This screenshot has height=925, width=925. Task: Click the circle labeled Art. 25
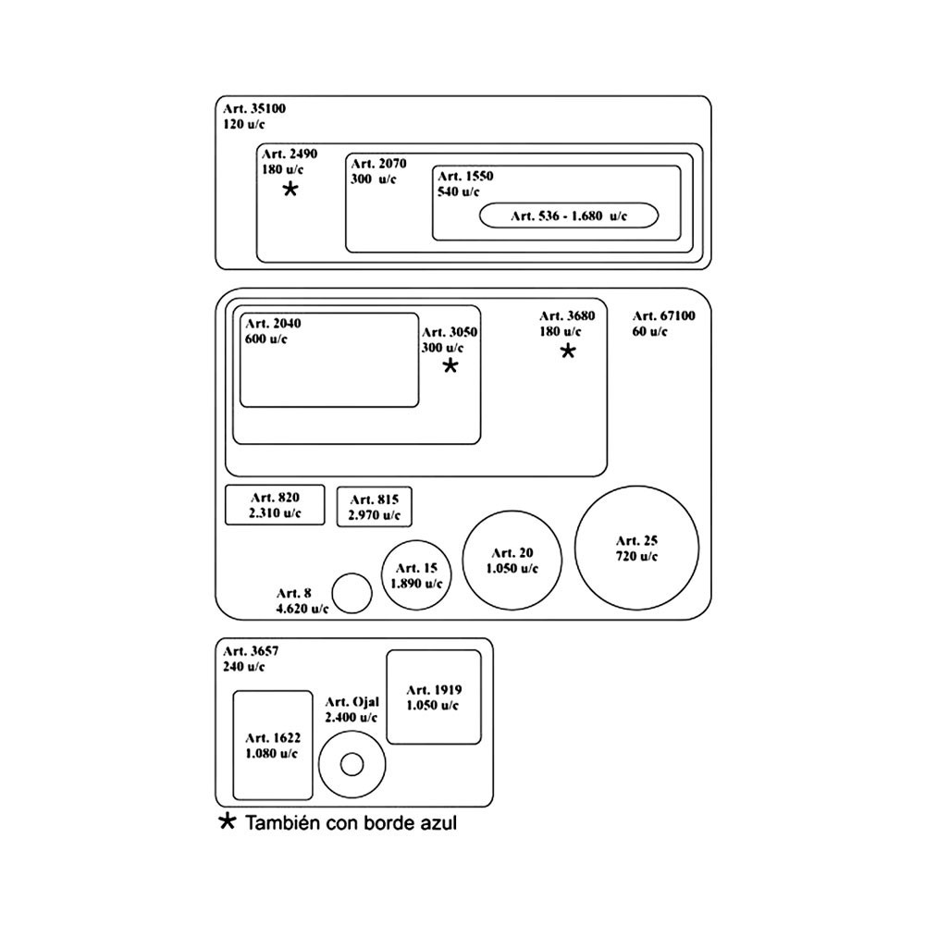tap(635, 548)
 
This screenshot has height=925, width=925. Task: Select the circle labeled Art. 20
tap(512, 560)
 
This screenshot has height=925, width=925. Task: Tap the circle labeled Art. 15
tap(416, 574)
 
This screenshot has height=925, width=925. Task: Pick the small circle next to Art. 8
tap(351, 593)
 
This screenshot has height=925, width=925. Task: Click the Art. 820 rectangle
tap(275, 504)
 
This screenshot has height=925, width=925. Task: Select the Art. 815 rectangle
tap(374, 507)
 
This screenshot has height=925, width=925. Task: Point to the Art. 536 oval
tap(568, 216)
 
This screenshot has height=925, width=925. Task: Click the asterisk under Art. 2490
tap(290, 190)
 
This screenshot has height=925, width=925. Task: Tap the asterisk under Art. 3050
tap(450, 366)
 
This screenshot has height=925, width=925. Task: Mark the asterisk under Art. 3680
tap(568, 351)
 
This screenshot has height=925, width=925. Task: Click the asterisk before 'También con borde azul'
tap(227, 821)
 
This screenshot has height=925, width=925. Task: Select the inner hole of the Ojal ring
tap(351, 765)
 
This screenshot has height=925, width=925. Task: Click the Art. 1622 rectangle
tap(272, 746)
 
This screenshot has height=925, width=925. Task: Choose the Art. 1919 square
tap(434, 697)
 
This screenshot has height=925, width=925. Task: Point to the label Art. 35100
tap(254, 108)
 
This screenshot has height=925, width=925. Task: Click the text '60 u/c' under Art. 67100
tap(649, 331)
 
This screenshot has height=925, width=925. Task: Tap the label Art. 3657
tap(251, 650)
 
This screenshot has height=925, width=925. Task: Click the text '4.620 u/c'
tap(302, 609)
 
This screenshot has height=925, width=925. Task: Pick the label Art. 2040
tap(273, 323)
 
